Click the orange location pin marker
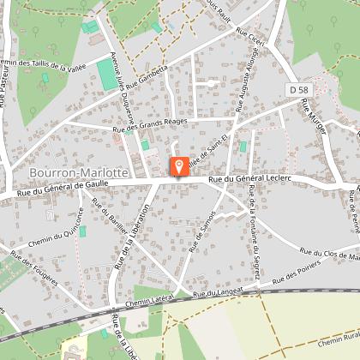[178, 167]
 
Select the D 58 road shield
[298, 89]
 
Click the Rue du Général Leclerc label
[249, 178]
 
